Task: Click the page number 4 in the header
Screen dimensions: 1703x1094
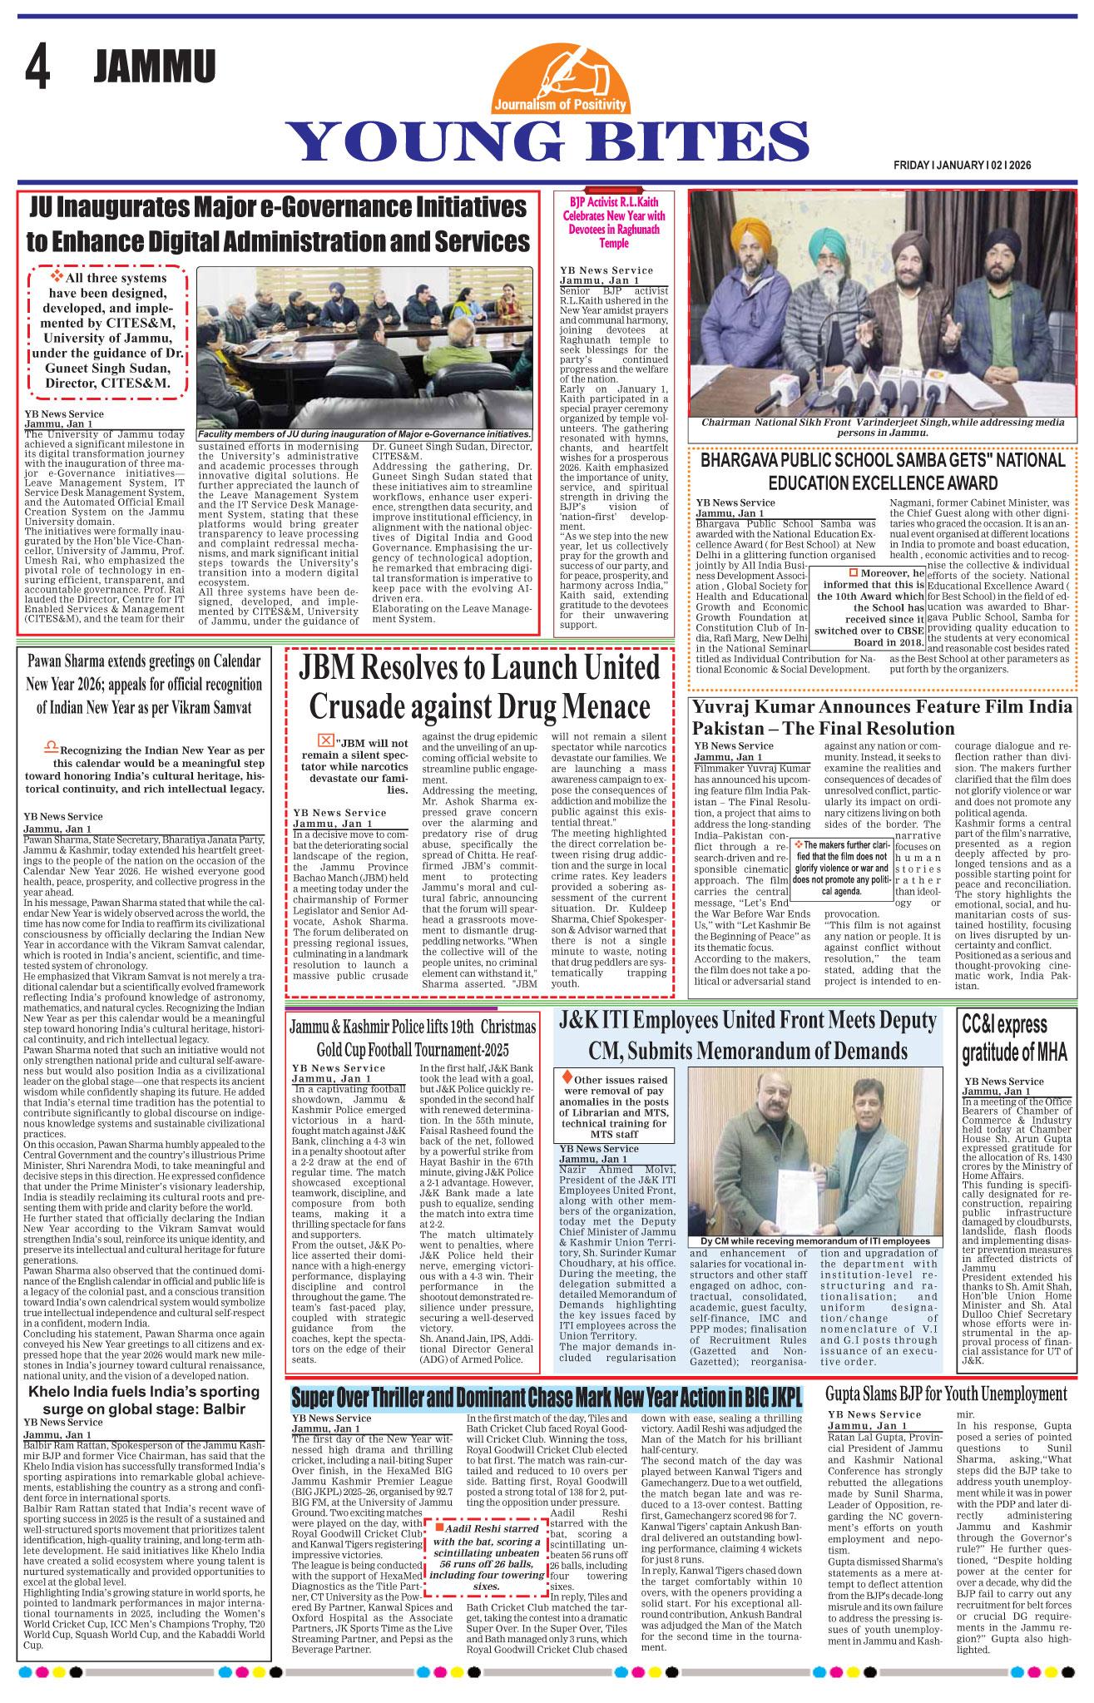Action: pyautogui.click(x=37, y=67)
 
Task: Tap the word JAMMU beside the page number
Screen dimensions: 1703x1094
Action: pyautogui.click(x=155, y=67)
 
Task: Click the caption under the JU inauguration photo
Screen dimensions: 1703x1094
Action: pyautogui.click(x=364, y=435)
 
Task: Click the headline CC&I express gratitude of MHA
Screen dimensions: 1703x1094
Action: pyautogui.click(x=1004, y=1038)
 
